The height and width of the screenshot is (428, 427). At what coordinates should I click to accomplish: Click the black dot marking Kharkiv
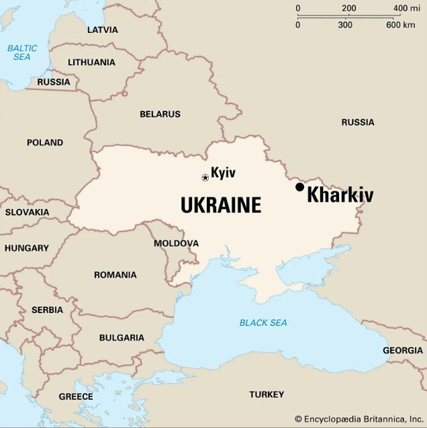click(299, 187)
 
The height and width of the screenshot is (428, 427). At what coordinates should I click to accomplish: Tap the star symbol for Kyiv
click(205, 177)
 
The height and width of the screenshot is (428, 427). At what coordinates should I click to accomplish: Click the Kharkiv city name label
click(340, 196)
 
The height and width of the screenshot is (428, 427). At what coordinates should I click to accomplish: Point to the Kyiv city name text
click(223, 173)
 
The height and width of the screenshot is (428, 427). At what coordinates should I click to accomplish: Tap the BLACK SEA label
click(263, 323)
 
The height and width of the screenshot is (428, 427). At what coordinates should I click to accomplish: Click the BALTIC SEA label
click(22, 52)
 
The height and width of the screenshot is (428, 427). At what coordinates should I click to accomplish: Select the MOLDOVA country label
click(176, 243)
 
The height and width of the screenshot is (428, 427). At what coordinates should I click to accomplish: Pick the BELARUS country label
click(160, 114)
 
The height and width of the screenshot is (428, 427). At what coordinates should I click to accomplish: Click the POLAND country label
click(45, 142)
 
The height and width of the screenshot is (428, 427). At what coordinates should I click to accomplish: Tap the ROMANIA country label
click(115, 275)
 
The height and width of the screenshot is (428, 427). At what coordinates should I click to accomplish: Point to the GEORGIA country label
click(403, 351)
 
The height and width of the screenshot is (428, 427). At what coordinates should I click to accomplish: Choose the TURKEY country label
click(267, 394)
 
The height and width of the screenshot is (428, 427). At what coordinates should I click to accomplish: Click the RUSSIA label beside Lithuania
click(54, 82)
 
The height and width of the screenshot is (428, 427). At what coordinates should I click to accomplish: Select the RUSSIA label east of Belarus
click(358, 122)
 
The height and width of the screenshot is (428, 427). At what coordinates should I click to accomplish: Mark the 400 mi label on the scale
click(406, 9)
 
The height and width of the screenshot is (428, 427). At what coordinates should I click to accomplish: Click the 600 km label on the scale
click(401, 25)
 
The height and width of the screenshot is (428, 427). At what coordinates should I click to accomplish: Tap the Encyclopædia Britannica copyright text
click(359, 419)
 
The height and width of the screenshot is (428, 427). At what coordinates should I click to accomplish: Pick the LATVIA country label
click(102, 30)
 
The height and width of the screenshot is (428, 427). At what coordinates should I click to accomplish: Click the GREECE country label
click(76, 396)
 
